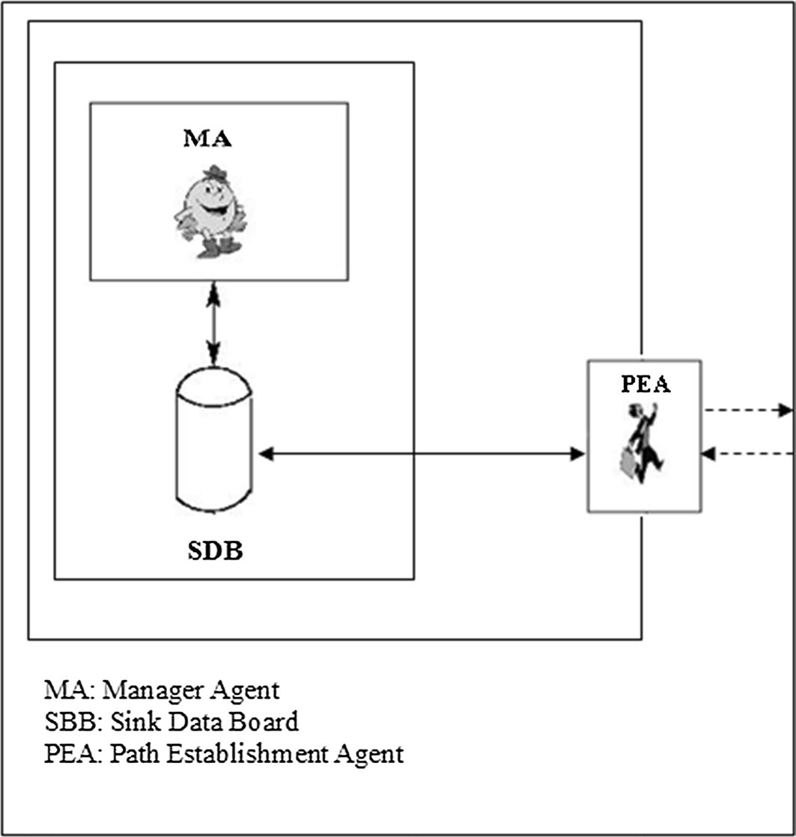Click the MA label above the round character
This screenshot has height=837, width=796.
207,139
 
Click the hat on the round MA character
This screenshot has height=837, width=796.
216,172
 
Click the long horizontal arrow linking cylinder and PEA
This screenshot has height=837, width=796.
419,453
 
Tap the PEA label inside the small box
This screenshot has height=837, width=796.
645,384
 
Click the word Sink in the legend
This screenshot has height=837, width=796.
128,722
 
